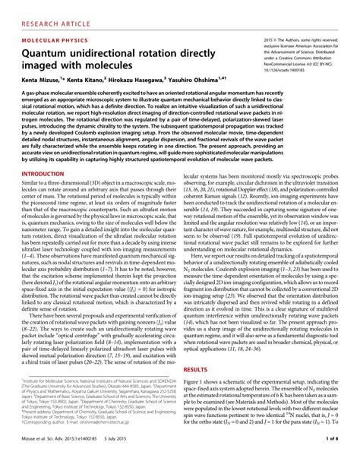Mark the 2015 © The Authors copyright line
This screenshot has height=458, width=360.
(300, 37)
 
